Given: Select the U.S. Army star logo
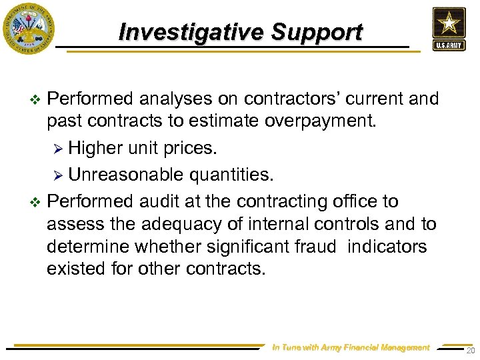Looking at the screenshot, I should click(449, 28).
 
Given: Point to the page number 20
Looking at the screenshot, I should click(471, 351).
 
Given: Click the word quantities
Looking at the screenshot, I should click(230, 175).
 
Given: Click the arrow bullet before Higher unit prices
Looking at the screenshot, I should click(58, 147).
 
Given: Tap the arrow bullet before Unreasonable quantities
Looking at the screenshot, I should click(58, 175).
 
